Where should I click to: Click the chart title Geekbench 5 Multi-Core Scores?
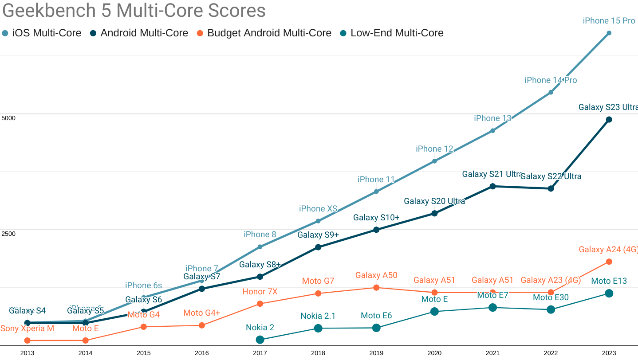pyautogui.click(x=134, y=11)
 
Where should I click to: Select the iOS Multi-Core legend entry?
pyautogui.click(x=42, y=33)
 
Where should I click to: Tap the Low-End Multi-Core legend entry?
pyautogui.click(x=391, y=33)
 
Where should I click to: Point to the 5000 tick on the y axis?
pyautogui.click(x=8, y=118)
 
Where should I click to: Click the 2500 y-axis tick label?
pyautogui.click(x=8, y=234)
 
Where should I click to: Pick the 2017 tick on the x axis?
pyautogui.click(x=260, y=353)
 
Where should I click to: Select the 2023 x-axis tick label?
pyautogui.click(x=609, y=353)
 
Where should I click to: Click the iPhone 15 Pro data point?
pyautogui.click(x=609, y=33)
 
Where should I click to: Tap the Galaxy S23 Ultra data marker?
pyautogui.click(x=609, y=119)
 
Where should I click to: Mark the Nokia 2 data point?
pyautogui.click(x=260, y=340)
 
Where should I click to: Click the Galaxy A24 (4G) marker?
pyautogui.click(x=609, y=262)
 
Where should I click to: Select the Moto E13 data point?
pyautogui.click(x=609, y=293)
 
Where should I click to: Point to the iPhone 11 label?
pyautogui.click(x=376, y=180)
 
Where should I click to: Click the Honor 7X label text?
pyautogui.click(x=260, y=292)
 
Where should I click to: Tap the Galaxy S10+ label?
pyautogui.click(x=376, y=218)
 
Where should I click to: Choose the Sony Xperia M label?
pyautogui.click(x=27, y=329)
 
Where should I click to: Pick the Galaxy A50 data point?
pyautogui.click(x=376, y=287)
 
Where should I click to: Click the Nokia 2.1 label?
pyautogui.click(x=318, y=316)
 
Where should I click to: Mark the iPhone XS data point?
pyautogui.click(x=318, y=221)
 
